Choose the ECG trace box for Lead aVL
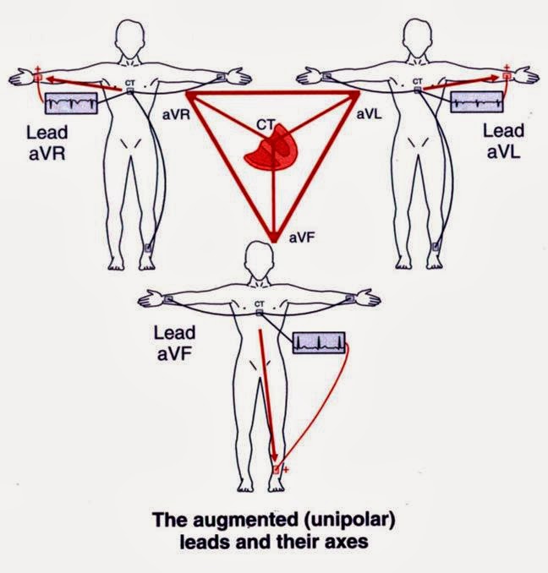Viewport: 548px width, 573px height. [x=478, y=103]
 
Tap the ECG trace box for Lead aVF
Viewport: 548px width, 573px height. [x=319, y=342]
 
